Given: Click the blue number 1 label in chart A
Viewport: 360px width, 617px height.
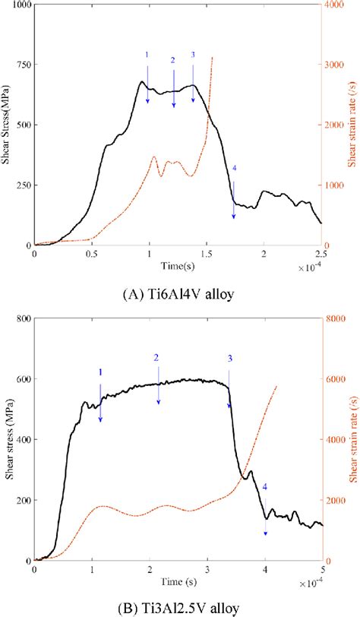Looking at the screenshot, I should pos(147,55).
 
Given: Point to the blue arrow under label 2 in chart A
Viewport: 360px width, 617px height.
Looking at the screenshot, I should pos(173,87).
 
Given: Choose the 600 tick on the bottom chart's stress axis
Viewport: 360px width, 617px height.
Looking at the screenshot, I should pos(22,379).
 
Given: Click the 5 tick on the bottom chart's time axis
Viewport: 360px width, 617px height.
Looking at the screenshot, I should pos(323,568).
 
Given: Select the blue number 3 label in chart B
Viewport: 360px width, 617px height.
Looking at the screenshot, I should pos(229,358).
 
